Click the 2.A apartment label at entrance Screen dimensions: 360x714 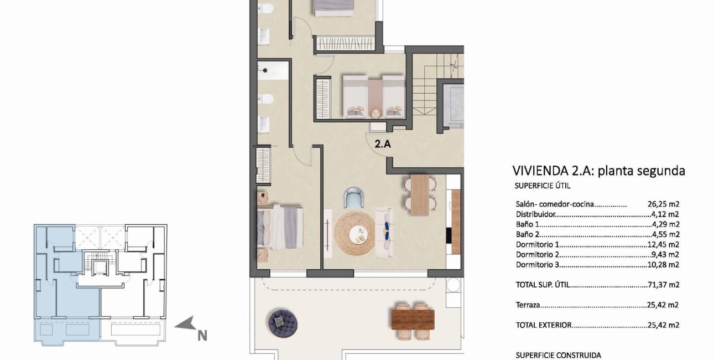click(x=383, y=145)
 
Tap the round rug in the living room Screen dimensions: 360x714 click(x=355, y=233)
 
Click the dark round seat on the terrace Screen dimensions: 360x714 click(x=283, y=322)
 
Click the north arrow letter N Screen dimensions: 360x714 click(x=202, y=335)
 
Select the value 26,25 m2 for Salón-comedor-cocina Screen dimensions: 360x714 click(x=663, y=204)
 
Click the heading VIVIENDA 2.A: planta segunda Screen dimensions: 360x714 click(x=598, y=171)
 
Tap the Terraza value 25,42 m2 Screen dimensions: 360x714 click(x=663, y=305)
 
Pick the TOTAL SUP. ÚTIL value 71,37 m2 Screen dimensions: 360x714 click(x=663, y=285)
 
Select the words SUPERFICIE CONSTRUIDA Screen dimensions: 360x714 click(x=557, y=355)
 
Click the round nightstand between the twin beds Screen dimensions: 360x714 click(x=376, y=112)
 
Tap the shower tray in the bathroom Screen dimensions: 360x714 click(x=272, y=70)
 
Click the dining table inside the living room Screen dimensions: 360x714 click(x=420, y=194)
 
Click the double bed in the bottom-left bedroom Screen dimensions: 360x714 click(x=282, y=227)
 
